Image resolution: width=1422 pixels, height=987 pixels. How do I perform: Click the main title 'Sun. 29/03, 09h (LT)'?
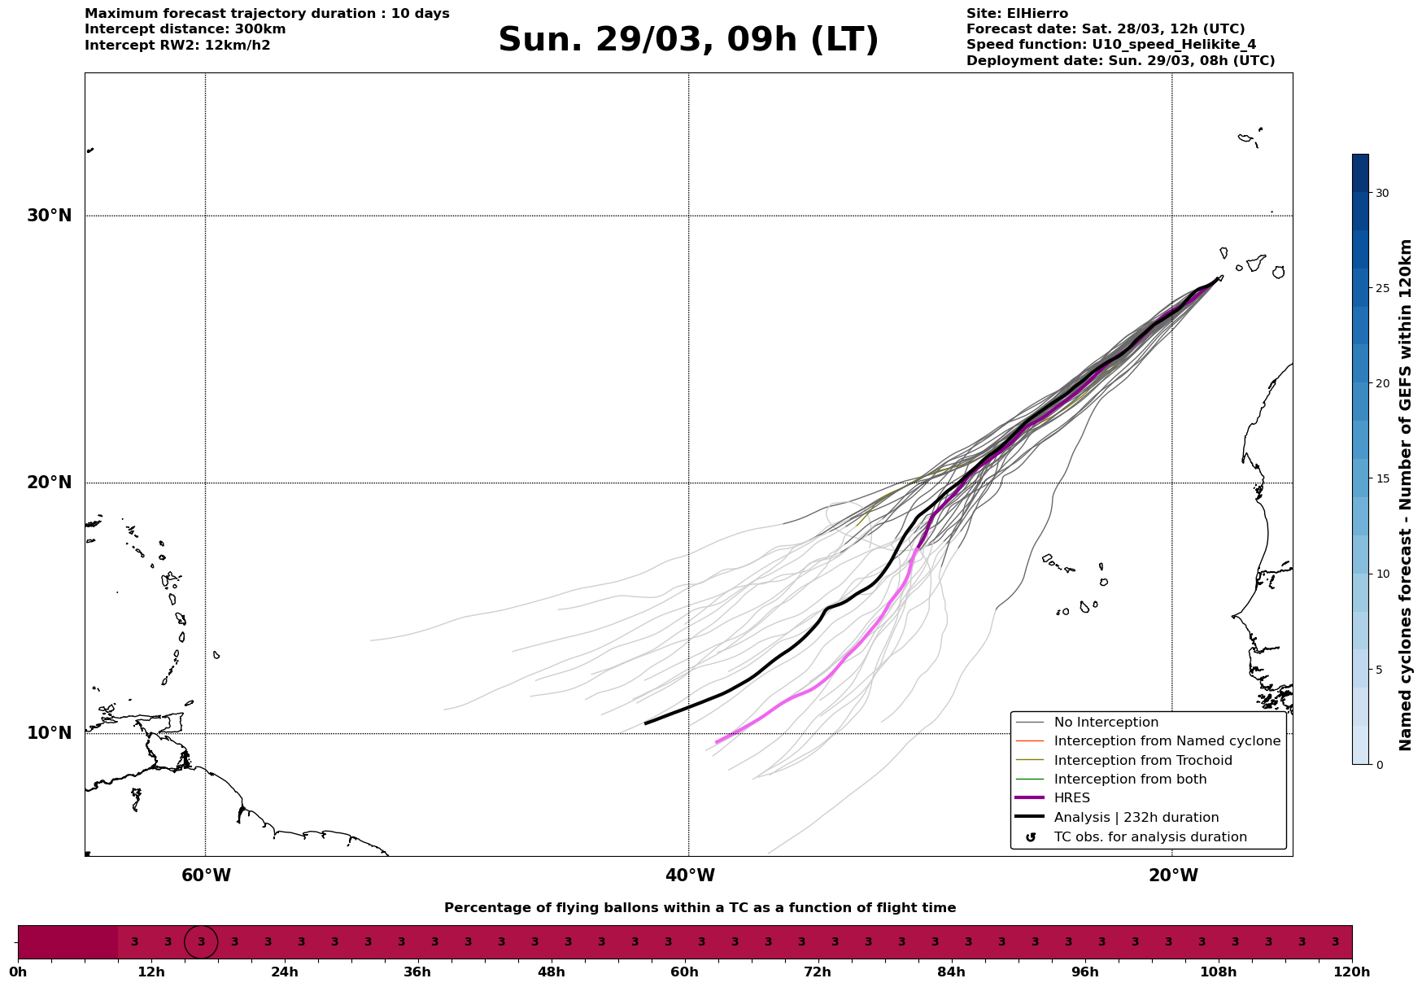[688, 40]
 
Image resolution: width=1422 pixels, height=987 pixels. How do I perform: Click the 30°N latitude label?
[50, 216]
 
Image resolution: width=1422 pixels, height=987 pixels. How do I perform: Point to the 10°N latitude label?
[50, 733]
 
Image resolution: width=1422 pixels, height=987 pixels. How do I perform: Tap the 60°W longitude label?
[206, 876]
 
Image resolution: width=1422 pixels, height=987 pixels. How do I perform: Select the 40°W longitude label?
[690, 876]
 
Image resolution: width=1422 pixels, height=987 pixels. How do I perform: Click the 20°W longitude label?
[1173, 876]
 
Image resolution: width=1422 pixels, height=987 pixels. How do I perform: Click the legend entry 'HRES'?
[1071, 798]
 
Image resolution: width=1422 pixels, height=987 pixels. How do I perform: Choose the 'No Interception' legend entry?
[1106, 723]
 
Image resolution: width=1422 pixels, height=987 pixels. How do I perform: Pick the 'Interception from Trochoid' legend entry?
[1142, 761]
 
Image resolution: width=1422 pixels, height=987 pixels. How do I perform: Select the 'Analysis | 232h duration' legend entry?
[1136, 818]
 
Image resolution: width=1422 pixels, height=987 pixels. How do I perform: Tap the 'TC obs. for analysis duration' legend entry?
[1149, 837]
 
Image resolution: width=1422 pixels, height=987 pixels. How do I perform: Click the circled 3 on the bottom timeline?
[201, 942]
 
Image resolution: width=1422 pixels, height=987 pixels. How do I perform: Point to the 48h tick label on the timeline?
[551, 972]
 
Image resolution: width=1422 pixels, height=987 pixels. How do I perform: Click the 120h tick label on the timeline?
[1352, 972]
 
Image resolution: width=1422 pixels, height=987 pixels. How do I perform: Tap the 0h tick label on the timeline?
[18, 972]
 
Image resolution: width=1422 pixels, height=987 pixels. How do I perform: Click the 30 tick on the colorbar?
[1382, 193]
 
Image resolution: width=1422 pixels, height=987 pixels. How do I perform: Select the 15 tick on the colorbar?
[1382, 478]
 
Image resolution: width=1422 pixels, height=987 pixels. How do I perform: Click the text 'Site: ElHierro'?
[1017, 14]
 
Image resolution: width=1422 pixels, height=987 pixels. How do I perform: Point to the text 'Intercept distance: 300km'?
[185, 29]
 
